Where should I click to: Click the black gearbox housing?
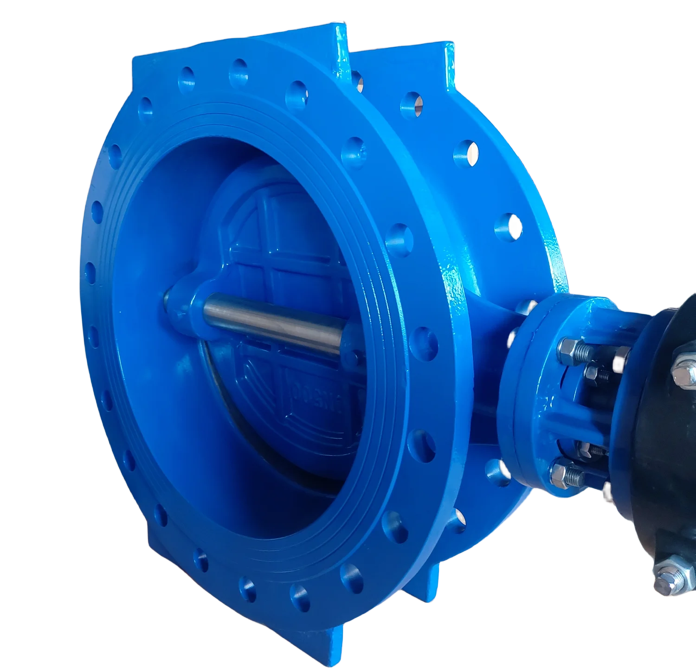659,464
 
